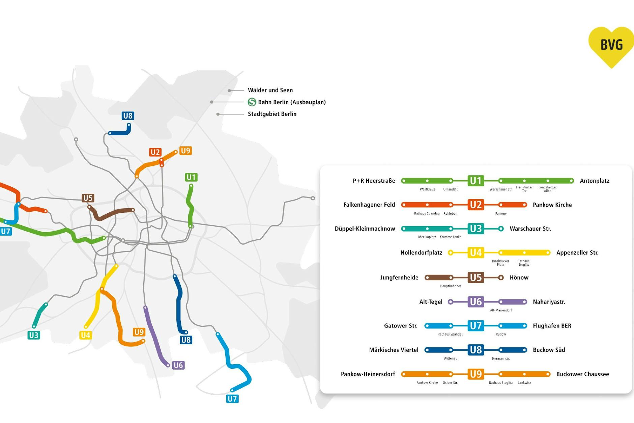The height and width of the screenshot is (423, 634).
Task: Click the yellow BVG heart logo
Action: click(611, 46)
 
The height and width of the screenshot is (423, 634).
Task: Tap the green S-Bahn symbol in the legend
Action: click(252, 102)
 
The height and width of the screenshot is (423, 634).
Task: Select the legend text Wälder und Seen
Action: click(270, 90)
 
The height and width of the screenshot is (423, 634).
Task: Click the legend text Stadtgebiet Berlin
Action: click(272, 114)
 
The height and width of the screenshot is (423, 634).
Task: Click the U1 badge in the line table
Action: click(475, 181)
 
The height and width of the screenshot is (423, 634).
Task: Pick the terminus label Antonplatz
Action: click(594, 181)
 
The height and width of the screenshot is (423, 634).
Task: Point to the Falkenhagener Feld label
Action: click(369, 205)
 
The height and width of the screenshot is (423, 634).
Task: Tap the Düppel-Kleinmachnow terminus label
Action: click(365, 229)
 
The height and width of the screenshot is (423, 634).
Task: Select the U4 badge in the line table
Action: click(475, 253)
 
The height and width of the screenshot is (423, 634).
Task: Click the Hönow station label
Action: click(519, 277)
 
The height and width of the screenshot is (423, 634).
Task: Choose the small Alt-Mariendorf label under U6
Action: click(500, 310)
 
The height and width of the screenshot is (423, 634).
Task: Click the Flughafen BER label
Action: click(552, 326)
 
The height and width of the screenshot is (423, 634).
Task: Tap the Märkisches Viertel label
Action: click(394, 350)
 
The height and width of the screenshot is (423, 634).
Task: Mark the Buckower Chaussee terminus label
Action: click(582, 374)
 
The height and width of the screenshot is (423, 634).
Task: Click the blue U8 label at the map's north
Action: click(128, 116)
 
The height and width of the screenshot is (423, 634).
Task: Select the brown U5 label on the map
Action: click(88, 198)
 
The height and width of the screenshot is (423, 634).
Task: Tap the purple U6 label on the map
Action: click(178, 365)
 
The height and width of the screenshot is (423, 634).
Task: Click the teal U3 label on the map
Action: click(34, 335)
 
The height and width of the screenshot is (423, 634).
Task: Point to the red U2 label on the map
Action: click(155, 152)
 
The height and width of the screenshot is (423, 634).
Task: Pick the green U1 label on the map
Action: click(191, 177)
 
